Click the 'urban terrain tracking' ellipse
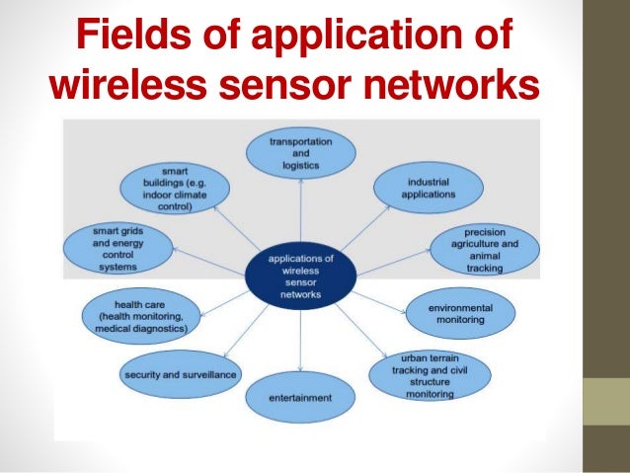pos(428,374)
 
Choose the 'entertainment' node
pos(300,397)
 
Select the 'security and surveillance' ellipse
pos(180,375)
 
